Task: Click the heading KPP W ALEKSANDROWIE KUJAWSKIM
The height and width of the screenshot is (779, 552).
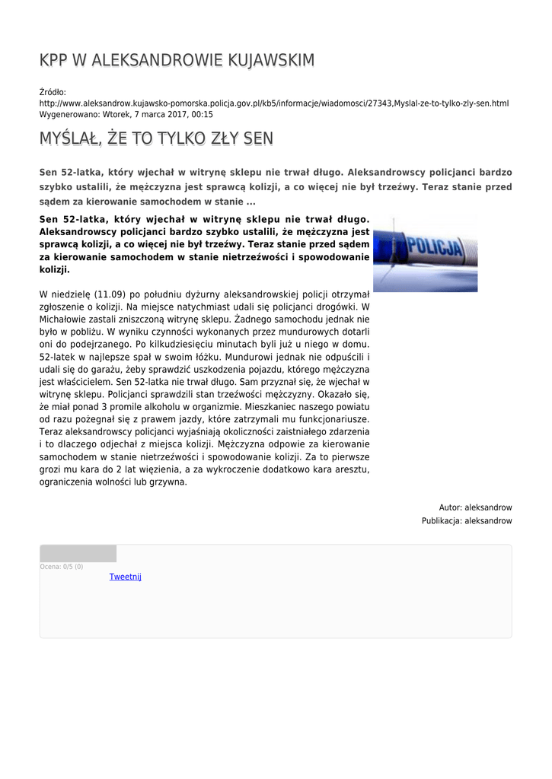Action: coord(177,60)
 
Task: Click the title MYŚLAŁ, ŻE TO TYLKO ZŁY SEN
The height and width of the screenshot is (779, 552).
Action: coord(156,138)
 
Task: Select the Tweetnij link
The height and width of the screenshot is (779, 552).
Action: coord(126,577)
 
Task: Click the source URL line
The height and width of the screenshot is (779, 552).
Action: coord(274,103)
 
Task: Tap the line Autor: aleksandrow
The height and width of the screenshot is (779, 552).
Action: coord(475,507)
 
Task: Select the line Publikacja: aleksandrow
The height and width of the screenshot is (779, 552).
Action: coord(467,521)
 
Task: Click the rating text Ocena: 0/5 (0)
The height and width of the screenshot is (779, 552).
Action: coord(62,567)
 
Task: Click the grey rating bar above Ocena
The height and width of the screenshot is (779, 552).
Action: coord(78,554)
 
